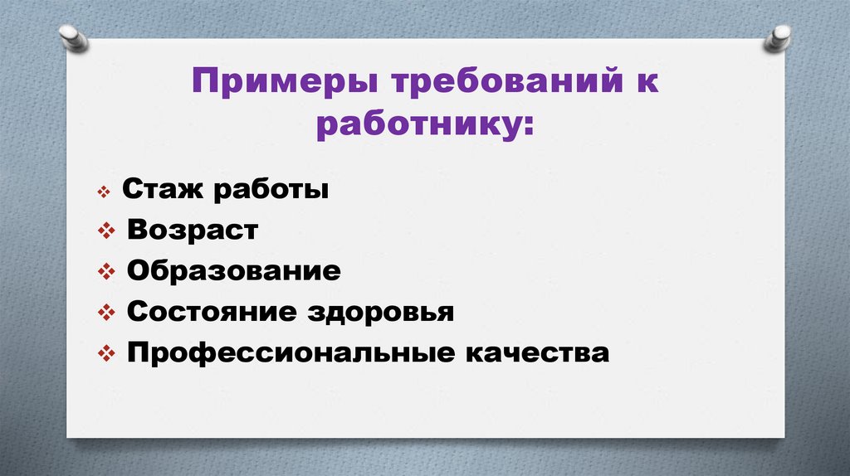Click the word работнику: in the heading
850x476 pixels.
click(424, 127)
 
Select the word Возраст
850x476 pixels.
click(193, 231)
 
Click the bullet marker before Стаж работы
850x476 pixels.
click(103, 192)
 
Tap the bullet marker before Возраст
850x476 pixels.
click(105, 232)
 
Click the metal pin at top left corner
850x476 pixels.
click(74, 37)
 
